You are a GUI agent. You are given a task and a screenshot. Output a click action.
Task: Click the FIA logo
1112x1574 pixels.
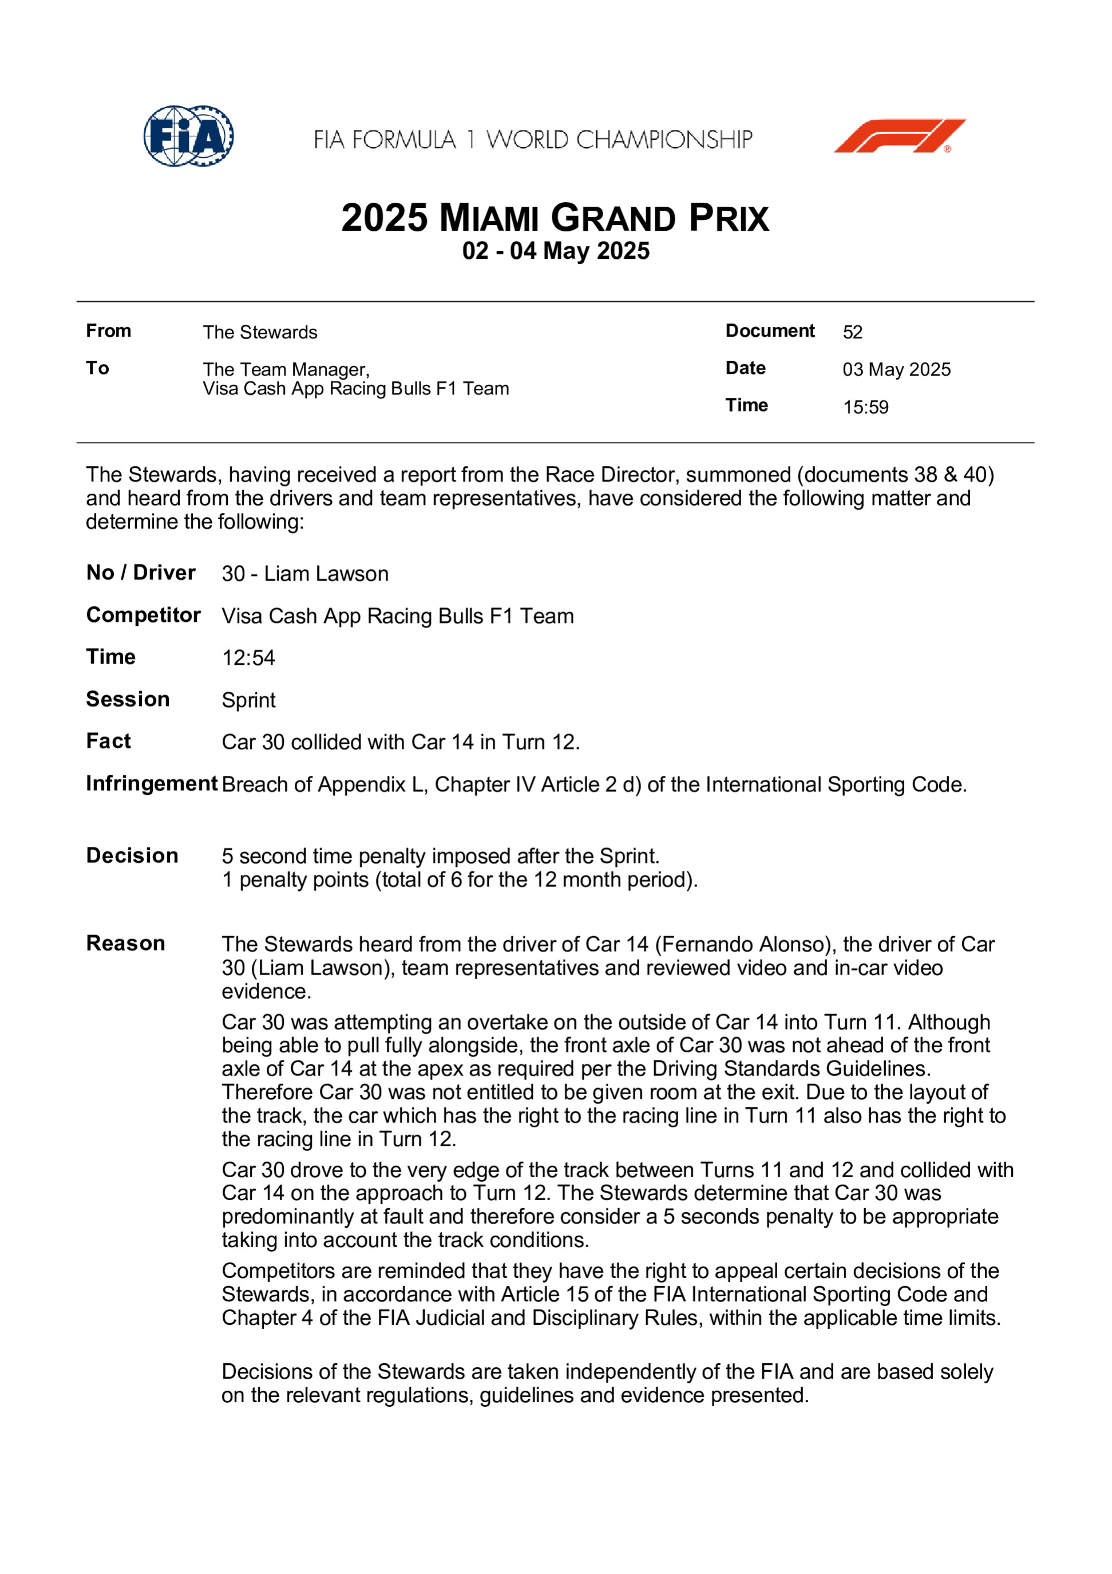pyautogui.click(x=188, y=136)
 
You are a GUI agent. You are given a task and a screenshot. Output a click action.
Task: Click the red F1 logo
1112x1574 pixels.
pyautogui.click(x=899, y=136)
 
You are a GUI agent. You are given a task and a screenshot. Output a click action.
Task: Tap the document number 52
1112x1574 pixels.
pyautogui.click(x=852, y=333)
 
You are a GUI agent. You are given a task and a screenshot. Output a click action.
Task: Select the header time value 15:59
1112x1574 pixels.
pyautogui.click(x=865, y=407)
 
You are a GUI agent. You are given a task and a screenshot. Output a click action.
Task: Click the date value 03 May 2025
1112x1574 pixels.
pyautogui.click(x=896, y=369)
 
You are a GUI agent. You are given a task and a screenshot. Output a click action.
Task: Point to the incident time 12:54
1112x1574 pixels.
pyautogui.click(x=248, y=658)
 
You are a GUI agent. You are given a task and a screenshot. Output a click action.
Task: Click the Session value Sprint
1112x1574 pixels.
pyautogui.click(x=248, y=700)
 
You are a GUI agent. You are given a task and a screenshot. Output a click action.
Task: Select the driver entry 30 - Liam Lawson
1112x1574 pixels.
pyautogui.click(x=305, y=574)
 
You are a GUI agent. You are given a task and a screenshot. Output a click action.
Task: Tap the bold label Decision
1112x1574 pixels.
pyautogui.click(x=132, y=855)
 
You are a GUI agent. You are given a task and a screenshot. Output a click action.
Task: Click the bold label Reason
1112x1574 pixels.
pyautogui.click(x=125, y=943)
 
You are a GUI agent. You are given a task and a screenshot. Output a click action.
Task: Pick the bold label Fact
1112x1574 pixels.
pyautogui.click(x=108, y=741)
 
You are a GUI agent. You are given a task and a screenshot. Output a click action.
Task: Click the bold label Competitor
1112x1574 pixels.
pyautogui.click(x=143, y=615)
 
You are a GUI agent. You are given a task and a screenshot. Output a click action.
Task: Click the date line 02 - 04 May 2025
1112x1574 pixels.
pyautogui.click(x=556, y=251)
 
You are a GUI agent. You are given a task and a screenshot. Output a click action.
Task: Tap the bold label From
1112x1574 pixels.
pyautogui.click(x=108, y=331)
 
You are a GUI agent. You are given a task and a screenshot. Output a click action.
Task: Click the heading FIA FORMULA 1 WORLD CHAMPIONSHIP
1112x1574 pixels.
pyautogui.click(x=533, y=140)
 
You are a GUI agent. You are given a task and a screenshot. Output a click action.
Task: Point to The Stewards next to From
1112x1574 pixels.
pyautogui.click(x=260, y=333)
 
